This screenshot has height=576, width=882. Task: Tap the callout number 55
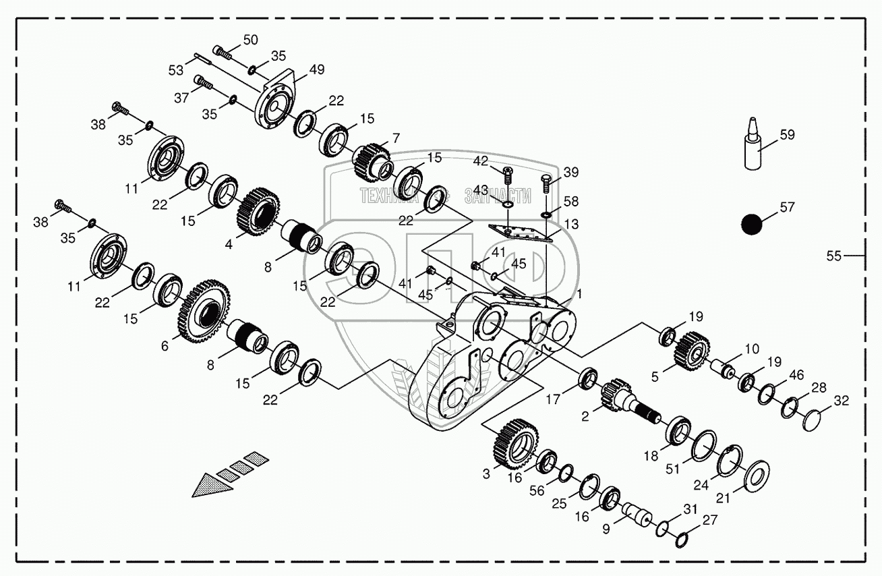(835, 256)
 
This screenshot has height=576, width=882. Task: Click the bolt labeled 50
(222, 51)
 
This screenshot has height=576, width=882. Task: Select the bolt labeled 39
(546, 182)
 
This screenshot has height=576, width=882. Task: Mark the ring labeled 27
(680, 538)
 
